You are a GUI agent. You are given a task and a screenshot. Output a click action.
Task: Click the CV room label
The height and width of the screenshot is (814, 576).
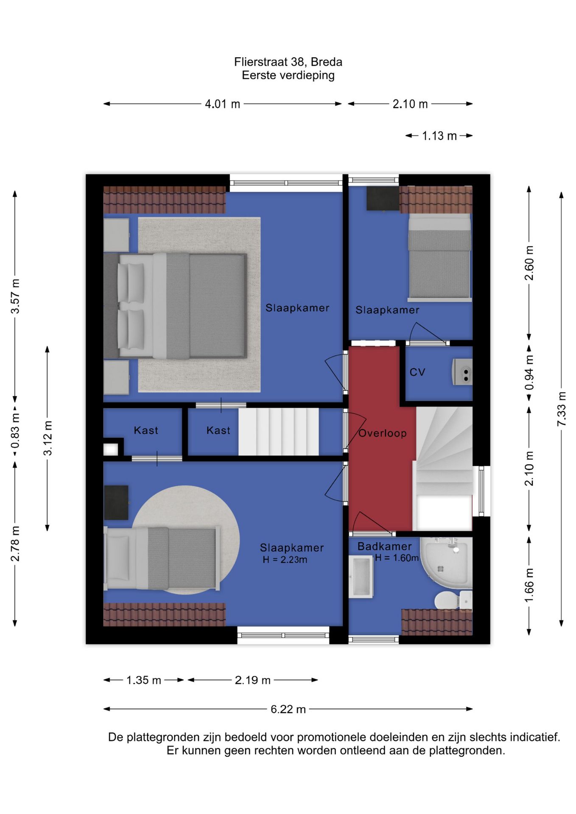pyautogui.click(x=417, y=372)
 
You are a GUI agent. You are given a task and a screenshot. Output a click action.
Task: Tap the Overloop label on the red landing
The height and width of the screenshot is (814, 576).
pyautogui.click(x=383, y=433)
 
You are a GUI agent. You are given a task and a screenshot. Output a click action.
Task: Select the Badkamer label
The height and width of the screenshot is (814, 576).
pyautogui.click(x=384, y=546)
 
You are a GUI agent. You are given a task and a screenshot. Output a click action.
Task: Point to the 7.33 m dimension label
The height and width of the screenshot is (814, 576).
pyautogui.click(x=562, y=409)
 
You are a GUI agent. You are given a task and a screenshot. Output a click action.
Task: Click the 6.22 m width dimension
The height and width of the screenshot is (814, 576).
pyautogui.click(x=288, y=709)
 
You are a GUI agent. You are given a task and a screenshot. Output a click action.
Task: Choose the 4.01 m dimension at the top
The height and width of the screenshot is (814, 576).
pyautogui.click(x=222, y=104)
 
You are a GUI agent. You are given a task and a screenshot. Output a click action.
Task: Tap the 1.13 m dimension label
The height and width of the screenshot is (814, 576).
pyautogui.click(x=439, y=136)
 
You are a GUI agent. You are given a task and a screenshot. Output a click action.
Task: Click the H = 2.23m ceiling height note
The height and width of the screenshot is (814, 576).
pyautogui.click(x=285, y=560)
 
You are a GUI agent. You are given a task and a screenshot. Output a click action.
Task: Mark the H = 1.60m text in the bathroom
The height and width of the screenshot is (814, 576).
pyautogui.click(x=397, y=558)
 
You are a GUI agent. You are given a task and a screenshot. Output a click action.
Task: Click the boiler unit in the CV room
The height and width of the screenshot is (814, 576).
pyautogui.click(x=462, y=372)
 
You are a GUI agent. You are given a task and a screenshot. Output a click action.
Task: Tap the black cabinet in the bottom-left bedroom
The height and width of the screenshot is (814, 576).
pyautogui.click(x=116, y=502)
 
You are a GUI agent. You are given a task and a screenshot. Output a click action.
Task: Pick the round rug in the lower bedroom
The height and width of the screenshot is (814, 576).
pyautogui.click(x=185, y=540)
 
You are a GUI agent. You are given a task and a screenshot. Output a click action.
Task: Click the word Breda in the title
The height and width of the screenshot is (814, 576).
pyautogui.click(x=326, y=62)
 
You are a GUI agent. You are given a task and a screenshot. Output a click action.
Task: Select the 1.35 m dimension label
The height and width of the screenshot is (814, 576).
pyautogui.click(x=144, y=680)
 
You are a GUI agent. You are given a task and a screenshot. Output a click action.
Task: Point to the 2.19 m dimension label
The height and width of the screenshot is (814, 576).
pyautogui.click(x=253, y=680)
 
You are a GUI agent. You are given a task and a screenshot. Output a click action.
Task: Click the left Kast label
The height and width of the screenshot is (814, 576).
pyautogui.click(x=146, y=431)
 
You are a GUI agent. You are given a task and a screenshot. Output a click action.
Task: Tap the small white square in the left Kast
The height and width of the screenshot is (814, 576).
pyautogui.click(x=111, y=449)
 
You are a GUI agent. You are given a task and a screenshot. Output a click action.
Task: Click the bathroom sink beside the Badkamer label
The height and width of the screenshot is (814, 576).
pyautogui.click(x=361, y=577)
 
